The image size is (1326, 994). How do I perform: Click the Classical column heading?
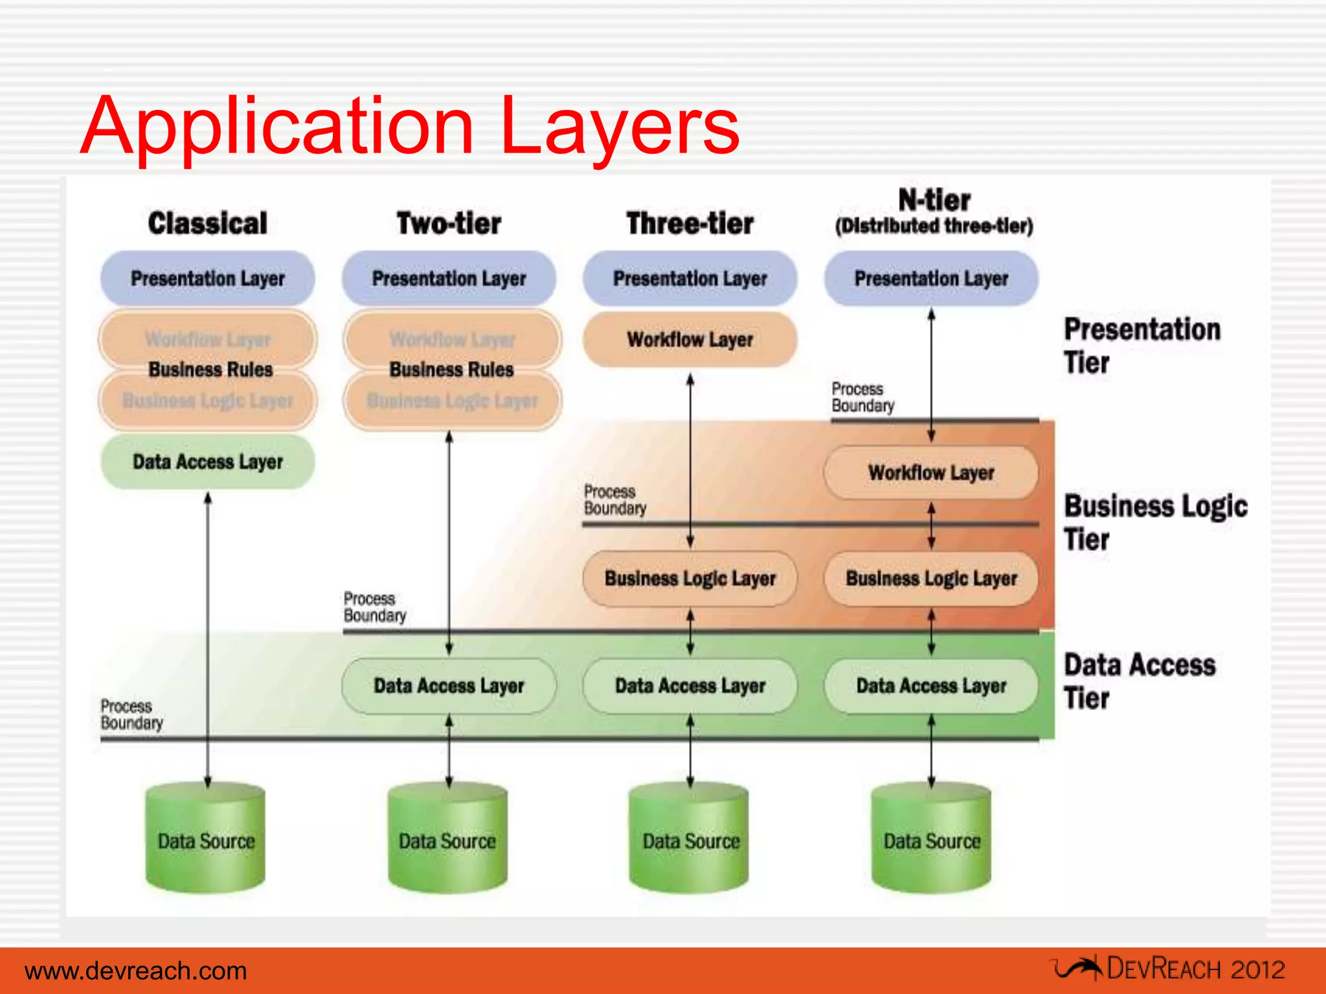click(207, 223)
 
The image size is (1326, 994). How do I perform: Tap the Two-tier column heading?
click(449, 223)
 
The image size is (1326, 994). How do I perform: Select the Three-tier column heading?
click(690, 223)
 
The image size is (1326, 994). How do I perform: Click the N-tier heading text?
click(934, 201)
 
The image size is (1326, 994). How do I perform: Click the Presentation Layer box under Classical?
click(207, 278)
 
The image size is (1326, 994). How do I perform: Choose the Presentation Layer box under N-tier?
click(931, 278)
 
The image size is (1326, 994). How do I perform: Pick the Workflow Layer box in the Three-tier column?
click(690, 340)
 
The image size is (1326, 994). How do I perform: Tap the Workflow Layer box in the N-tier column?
click(931, 472)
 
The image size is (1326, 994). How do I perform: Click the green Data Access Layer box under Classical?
click(207, 461)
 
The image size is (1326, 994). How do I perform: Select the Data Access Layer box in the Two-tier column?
click(449, 686)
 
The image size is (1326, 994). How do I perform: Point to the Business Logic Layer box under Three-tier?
click(690, 578)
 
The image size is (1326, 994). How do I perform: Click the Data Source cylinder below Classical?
click(206, 840)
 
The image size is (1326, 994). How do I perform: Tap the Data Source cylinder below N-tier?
click(931, 840)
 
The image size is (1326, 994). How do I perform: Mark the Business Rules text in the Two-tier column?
click(451, 370)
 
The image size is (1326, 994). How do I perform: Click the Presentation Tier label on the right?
click(1141, 346)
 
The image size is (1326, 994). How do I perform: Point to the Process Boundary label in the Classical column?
click(131, 714)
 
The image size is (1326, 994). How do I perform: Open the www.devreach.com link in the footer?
click(136, 971)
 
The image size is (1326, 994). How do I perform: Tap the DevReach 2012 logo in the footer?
click(1169, 969)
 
